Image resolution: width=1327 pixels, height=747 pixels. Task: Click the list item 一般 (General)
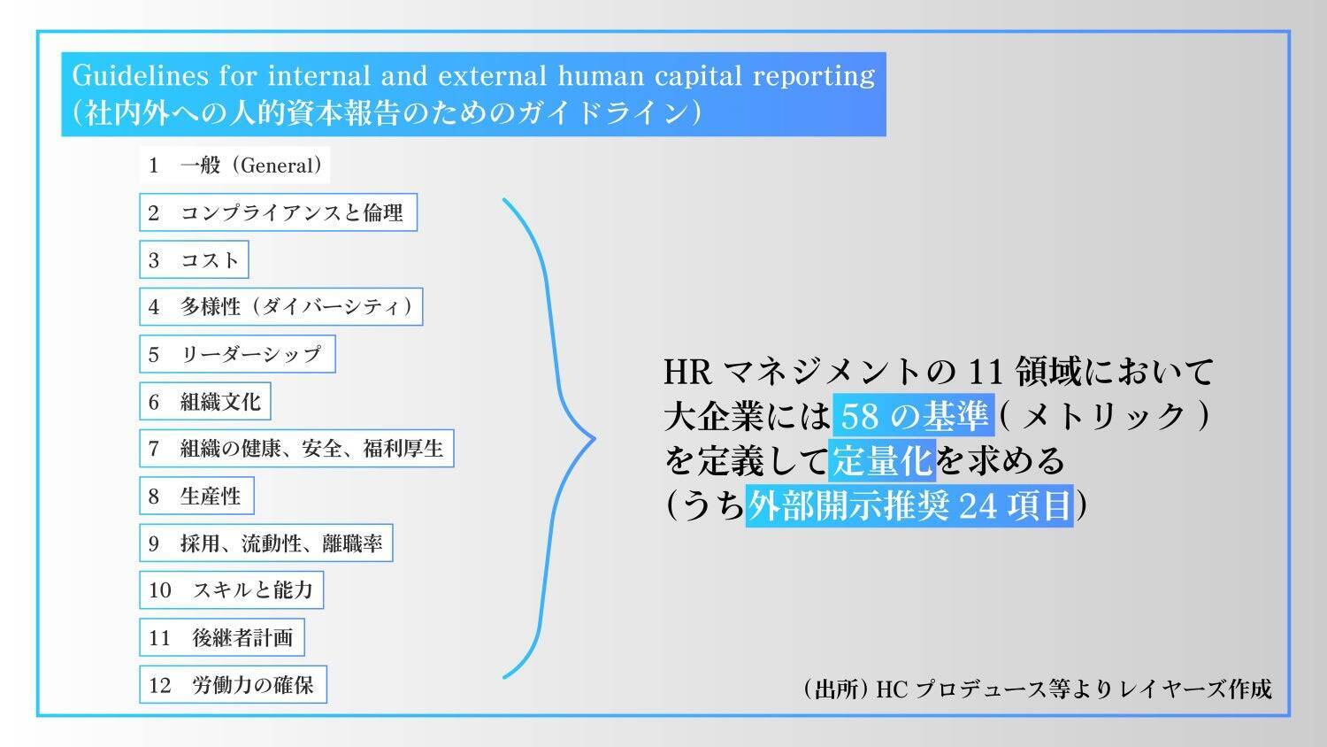point(234,165)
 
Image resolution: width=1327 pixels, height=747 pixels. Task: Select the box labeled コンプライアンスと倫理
point(279,212)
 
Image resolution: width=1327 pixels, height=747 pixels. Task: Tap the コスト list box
point(194,259)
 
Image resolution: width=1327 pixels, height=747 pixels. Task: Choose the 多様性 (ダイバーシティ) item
point(280,306)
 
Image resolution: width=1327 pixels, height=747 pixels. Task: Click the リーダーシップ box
point(237,354)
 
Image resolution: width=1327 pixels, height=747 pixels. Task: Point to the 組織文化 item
point(205,401)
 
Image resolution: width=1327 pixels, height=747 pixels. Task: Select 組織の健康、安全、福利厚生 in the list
point(296,448)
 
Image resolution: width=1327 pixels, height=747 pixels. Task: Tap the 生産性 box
point(196,496)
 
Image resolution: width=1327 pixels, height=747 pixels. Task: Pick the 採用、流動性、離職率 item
point(266,543)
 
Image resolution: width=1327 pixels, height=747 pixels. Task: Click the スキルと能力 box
point(231,589)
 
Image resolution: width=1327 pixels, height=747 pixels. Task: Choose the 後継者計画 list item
point(221,637)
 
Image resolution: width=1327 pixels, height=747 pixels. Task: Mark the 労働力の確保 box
point(233,685)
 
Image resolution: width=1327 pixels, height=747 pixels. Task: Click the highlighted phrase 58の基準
point(914,416)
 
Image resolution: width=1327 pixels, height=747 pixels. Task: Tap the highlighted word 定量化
point(882,460)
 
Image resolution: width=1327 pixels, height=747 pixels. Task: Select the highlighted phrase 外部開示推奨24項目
point(909,505)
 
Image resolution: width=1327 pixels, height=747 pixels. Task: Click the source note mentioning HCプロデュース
point(1038,689)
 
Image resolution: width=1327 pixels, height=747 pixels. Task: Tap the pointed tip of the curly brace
point(594,439)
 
